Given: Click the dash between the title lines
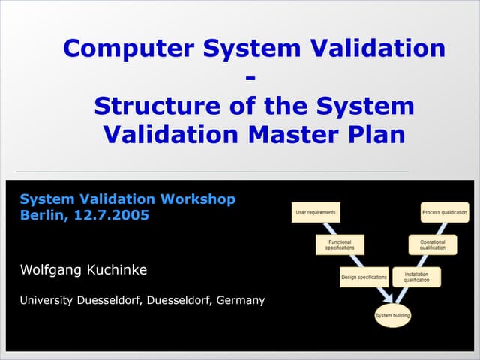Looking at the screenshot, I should [250, 76].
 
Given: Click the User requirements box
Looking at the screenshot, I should [316, 212].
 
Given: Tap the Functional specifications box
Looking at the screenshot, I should [340, 245].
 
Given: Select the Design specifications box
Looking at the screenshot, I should [364, 277].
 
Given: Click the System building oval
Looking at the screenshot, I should [393, 315].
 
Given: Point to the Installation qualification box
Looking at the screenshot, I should [416, 277].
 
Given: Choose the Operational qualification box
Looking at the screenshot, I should [432, 245].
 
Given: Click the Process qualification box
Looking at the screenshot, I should [444, 212].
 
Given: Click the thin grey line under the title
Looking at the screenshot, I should [210, 172].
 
